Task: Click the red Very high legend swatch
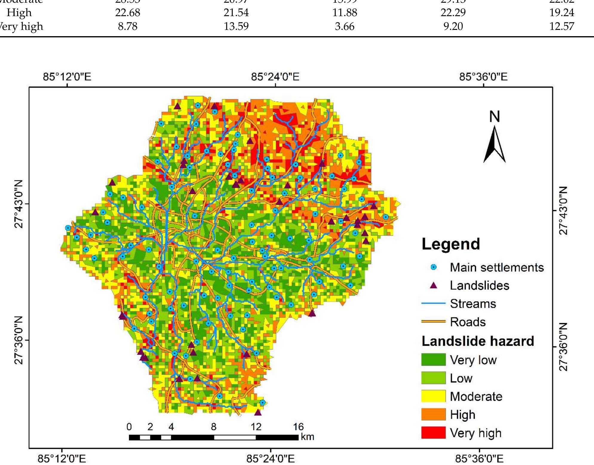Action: (x=433, y=432)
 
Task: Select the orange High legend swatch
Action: (x=433, y=414)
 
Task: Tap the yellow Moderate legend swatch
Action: (x=433, y=396)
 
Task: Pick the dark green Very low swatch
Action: (x=433, y=360)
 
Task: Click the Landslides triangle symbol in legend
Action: (x=433, y=286)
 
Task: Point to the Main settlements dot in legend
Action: (x=434, y=267)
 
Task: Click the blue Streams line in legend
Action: (x=433, y=304)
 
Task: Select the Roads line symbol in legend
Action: (x=433, y=322)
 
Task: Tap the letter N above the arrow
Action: (x=495, y=117)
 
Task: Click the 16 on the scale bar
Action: (x=298, y=426)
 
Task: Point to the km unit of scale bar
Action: (x=307, y=437)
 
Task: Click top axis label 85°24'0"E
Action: (x=275, y=77)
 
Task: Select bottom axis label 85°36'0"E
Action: (x=479, y=458)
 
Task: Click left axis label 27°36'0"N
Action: (x=19, y=340)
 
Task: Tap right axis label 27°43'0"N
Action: (x=563, y=211)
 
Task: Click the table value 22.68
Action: (x=128, y=13)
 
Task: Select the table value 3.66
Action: (x=345, y=26)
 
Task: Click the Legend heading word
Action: (x=451, y=244)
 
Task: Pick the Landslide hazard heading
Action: (x=478, y=341)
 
